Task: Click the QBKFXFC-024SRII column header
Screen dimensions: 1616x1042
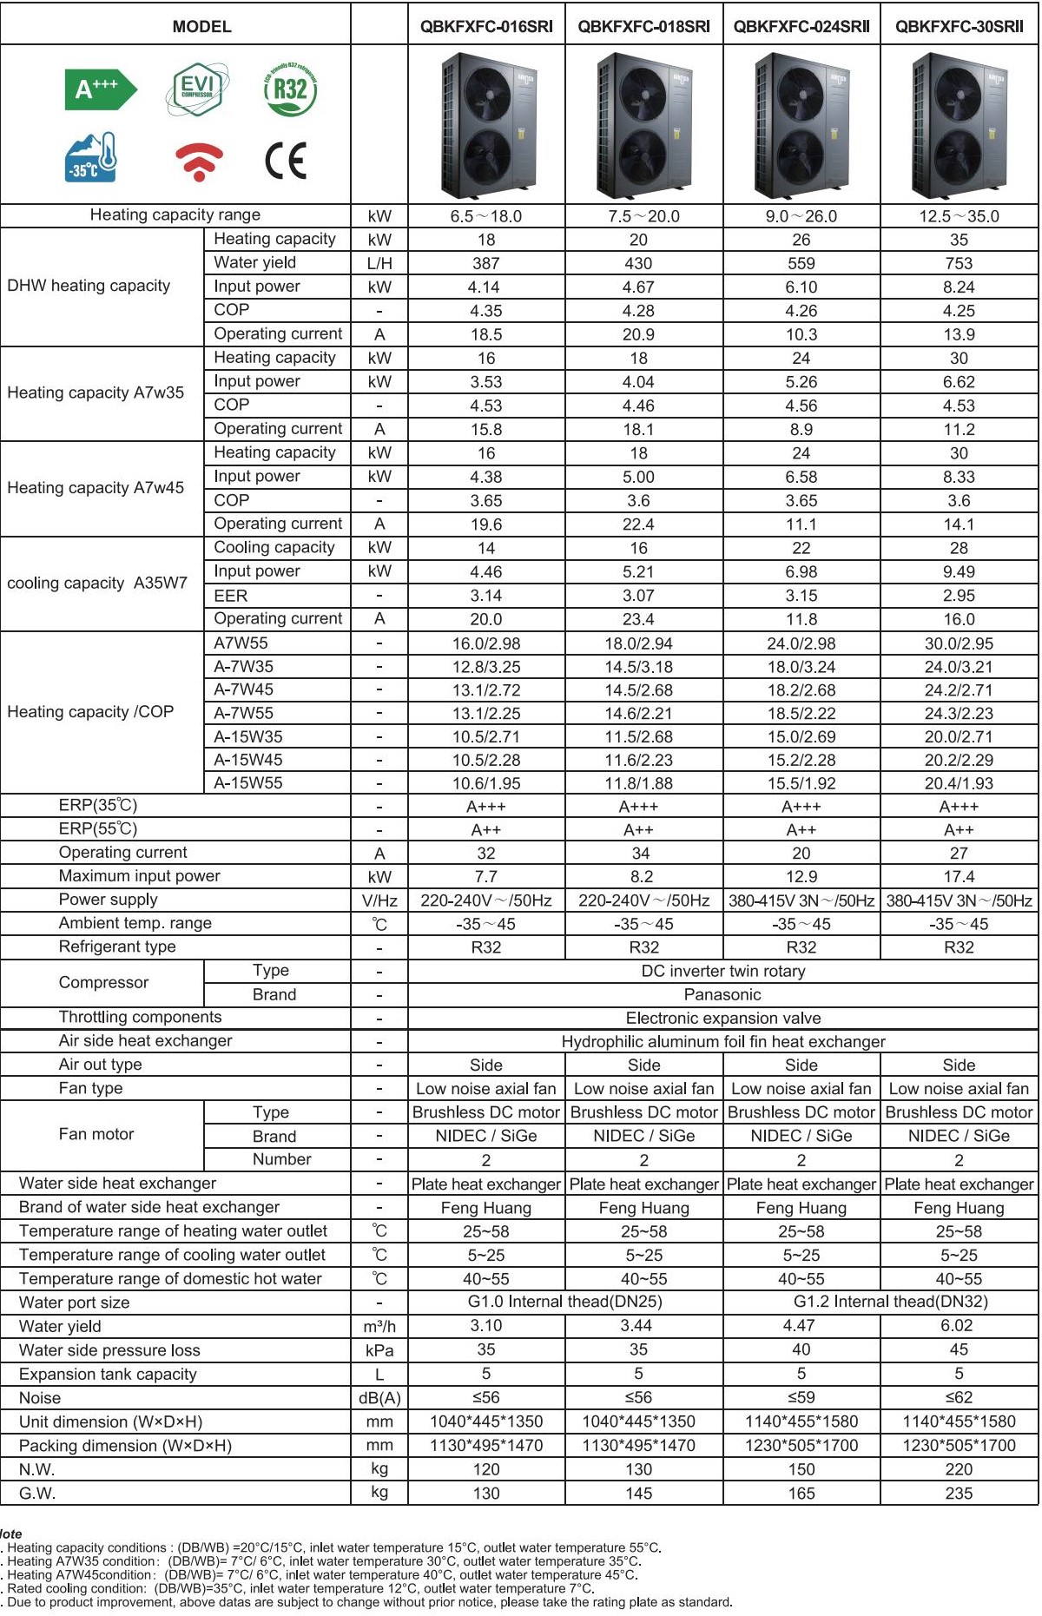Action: [801, 26]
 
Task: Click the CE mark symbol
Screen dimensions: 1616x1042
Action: [286, 161]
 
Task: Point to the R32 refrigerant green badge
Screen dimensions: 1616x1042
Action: [290, 89]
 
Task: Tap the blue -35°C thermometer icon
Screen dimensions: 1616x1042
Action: [91, 158]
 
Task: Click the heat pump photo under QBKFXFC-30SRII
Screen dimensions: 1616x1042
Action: [959, 125]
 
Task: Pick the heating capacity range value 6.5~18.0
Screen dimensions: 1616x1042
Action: [485, 216]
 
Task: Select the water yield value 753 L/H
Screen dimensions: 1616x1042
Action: [959, 263]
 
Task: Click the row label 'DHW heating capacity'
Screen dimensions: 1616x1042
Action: [89, 286]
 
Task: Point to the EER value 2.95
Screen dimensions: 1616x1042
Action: [959, 596]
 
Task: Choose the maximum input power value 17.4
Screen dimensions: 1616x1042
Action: [959, 877]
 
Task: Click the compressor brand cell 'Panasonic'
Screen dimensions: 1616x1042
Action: [722, 994]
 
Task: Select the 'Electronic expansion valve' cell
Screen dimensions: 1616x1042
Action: [722, 1018]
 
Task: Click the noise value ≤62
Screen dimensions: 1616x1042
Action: [959, 1397]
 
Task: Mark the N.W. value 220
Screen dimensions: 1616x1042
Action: [959, 1469]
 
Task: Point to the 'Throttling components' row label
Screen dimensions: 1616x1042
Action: [140, 1017]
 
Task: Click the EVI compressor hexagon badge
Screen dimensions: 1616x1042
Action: [197, 89]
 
